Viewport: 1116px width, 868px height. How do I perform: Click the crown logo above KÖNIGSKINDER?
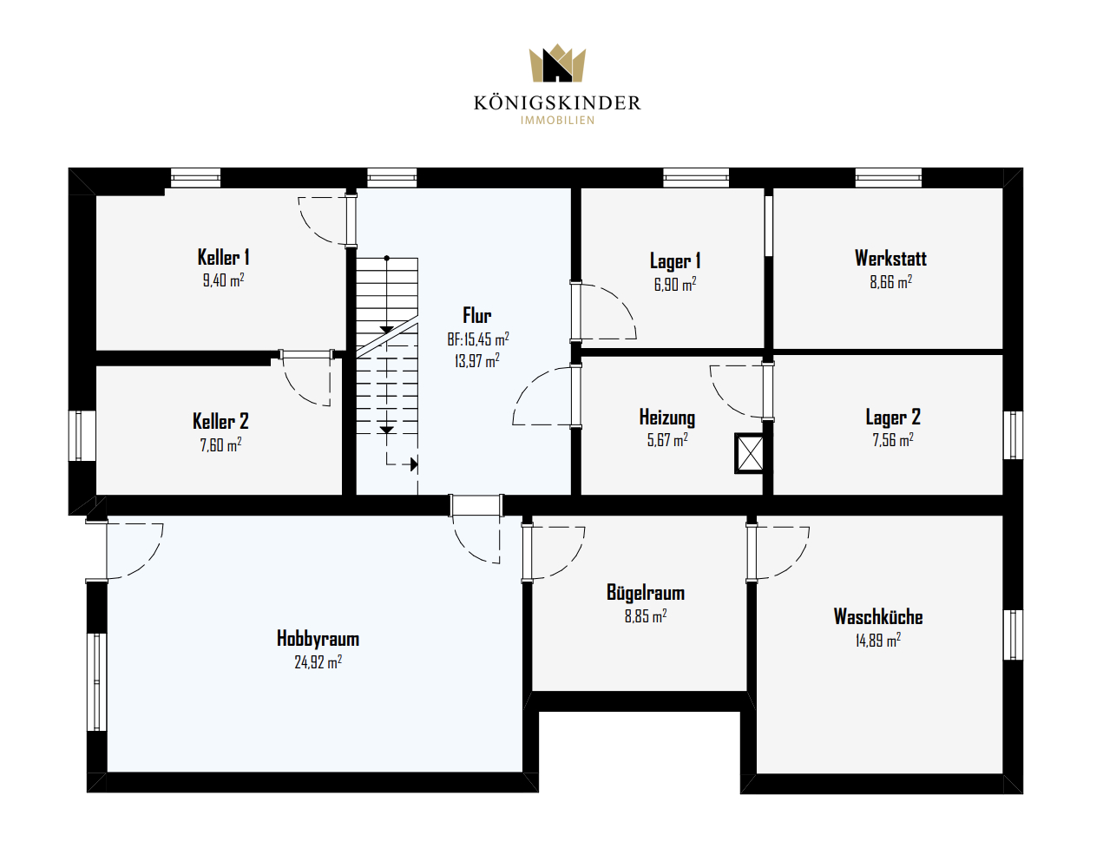557,63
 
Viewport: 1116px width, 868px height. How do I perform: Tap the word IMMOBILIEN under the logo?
557,120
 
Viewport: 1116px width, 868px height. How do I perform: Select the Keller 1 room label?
223,257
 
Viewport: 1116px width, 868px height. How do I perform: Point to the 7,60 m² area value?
220,444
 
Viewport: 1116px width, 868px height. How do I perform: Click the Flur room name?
477,315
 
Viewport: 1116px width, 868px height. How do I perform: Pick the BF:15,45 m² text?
477,339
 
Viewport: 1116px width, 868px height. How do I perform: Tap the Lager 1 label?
675,261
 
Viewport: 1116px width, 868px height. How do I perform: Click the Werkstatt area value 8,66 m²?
890,281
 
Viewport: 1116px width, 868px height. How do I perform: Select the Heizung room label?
667,417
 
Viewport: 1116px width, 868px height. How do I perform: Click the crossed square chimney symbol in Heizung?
750,453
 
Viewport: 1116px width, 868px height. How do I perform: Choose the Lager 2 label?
893,417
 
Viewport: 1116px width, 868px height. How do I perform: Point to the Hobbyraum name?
318,639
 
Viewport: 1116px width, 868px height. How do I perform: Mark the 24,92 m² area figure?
318,662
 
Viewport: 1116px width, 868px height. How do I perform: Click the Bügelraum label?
646,592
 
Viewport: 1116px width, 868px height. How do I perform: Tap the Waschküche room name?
878,616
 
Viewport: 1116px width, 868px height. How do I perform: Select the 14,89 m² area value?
877,640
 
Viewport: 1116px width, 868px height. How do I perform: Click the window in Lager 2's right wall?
1013,435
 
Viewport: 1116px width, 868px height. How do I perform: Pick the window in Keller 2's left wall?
78,436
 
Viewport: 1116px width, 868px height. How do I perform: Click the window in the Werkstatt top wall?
889,178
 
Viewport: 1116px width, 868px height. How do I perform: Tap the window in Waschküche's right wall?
1013,635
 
